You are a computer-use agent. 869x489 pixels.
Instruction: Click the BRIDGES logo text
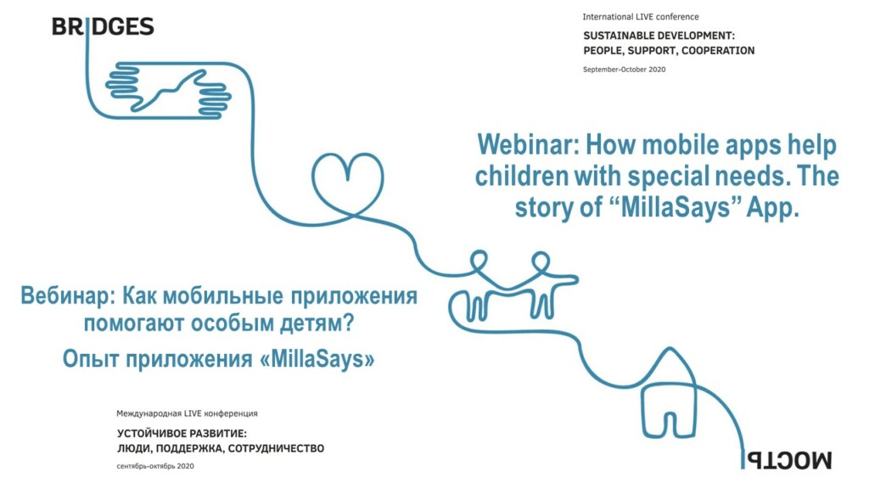coord(103,26)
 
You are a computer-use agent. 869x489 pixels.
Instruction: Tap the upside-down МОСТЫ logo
coord(787,460)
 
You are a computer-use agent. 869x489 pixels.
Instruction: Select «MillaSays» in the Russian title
coord(317,359)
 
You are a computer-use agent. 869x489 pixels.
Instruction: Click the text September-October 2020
coord(624,70)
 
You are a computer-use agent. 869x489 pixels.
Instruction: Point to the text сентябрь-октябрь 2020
coord(155,466)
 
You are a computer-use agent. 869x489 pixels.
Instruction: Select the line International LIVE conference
coord(640,17)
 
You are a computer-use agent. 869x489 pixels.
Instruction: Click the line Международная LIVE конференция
coord(187,413)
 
